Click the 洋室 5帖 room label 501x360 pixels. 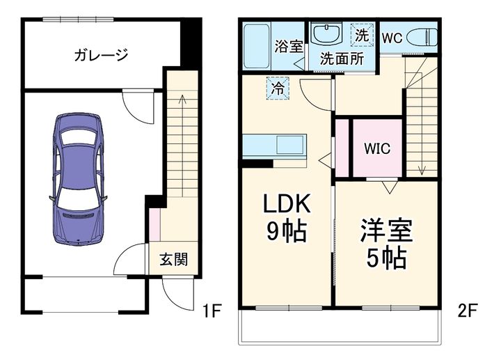[386, 244]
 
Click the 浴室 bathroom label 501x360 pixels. [288, 47]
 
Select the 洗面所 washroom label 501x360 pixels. [341, 59]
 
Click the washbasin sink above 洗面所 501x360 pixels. [325, 34]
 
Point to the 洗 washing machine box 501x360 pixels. [361, 34]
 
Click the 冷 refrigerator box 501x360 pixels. [277, 88]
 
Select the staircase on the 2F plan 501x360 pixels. [421, 125]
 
